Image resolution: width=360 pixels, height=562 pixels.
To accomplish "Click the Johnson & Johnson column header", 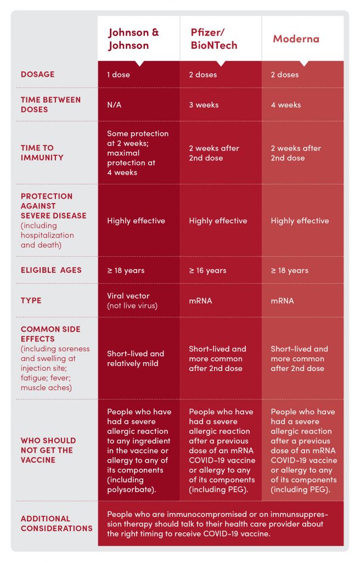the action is coord(133,39).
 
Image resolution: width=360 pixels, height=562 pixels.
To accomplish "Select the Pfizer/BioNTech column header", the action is coord(213,39).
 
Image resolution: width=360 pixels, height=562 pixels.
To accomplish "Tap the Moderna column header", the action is coord(296,39).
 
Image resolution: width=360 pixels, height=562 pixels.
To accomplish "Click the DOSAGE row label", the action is coord(38,74).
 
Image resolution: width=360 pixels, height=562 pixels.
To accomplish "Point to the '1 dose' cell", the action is coord(119,75).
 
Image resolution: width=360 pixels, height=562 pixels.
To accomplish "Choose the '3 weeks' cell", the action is coord(204,105).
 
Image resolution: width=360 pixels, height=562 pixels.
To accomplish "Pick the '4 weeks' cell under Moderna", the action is coord(286,105).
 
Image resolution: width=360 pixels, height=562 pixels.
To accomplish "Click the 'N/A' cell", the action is coord(114,105).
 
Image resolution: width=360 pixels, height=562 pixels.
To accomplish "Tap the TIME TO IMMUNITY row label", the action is coord(42,153).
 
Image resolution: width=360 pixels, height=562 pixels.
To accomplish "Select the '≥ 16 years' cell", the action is coord(207,270).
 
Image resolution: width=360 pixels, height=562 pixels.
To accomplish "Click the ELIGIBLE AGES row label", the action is coord(51,270).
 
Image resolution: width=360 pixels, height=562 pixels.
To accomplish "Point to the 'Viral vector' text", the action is coord(128,296).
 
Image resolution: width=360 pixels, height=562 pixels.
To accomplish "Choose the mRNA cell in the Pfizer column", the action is coord(200,301).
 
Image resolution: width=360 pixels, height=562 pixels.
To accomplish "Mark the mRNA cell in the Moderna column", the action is coord(282,301).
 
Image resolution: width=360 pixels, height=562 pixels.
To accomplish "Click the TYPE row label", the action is coord(31,300).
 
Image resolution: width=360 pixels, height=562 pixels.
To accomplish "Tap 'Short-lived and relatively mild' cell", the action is coord(136,358).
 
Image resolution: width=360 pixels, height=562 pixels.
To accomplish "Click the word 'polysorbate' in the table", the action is coord(130,490).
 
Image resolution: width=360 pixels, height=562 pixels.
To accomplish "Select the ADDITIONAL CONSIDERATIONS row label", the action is coord(57,523).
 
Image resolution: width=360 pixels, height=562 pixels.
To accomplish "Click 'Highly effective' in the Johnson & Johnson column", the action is coord(136,221).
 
